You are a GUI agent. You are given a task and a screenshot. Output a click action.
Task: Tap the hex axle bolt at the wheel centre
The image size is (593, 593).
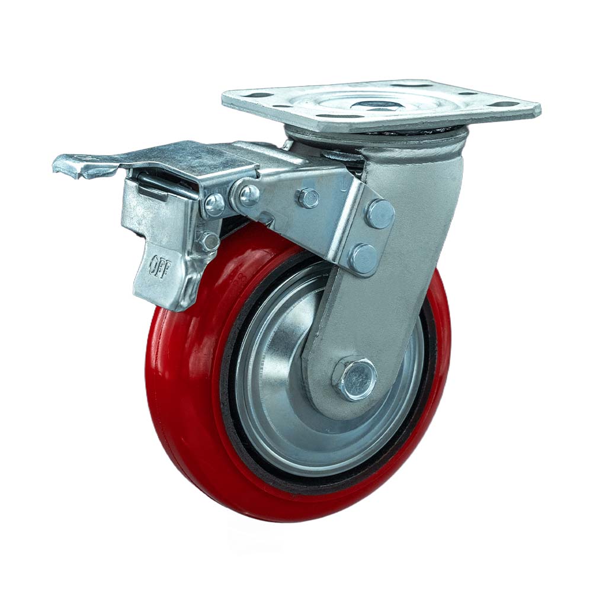click(356, 377)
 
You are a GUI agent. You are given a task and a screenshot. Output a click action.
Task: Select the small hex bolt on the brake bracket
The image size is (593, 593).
click(308, 197)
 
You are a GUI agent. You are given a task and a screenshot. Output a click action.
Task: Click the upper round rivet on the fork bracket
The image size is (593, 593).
click(380, 214)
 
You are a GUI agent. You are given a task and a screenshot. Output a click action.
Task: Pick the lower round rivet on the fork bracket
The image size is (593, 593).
click(363, 258)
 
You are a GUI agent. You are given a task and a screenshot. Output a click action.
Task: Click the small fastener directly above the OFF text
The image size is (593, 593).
click(209, 241)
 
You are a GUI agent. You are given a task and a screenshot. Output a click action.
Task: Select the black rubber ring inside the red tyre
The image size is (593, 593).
click(232, 415)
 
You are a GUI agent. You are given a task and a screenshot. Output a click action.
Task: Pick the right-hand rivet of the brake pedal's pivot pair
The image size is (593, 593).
click(249, 194)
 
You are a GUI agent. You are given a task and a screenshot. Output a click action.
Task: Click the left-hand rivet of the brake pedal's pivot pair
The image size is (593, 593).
click(214, 205)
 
